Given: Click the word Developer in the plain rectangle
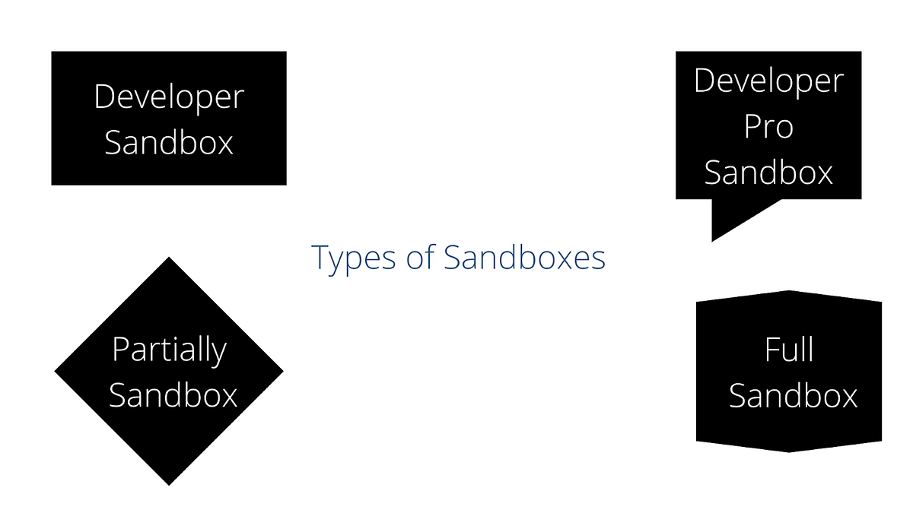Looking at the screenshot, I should [169, 97].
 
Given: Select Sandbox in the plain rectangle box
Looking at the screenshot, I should [169, 141].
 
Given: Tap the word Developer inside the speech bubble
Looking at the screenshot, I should [768, 81].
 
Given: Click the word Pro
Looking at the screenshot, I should [768, 126].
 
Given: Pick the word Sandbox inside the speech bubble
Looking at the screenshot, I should [768, 172].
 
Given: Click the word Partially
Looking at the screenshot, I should [169, 350].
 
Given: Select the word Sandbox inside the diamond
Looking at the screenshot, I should [173, 395].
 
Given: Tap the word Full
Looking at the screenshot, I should [789, 350].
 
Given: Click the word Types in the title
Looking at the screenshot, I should [353, 258].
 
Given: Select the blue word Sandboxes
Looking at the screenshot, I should [525, 258].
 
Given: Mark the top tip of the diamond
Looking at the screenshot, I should [169, 259].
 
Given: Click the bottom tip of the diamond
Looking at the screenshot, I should [169, 483].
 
